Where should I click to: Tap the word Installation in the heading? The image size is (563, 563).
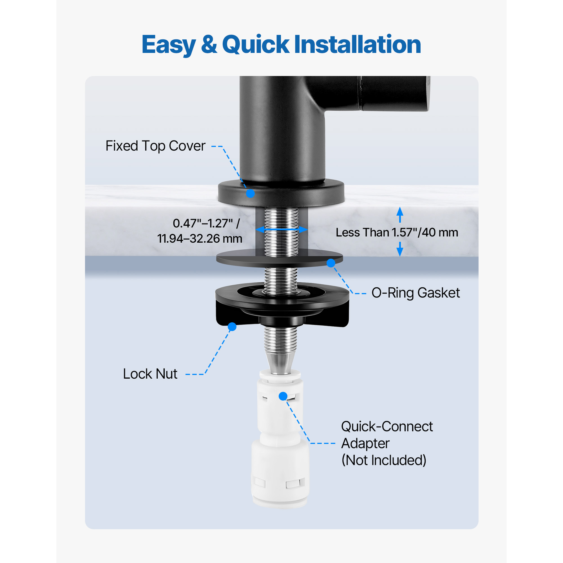coord(358,44)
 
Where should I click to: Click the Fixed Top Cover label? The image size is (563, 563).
coord(155,146)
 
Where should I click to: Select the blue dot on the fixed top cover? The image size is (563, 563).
coord(250,193)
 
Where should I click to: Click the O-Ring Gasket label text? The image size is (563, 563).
coord(415,293)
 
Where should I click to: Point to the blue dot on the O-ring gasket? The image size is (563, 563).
coord(331,263)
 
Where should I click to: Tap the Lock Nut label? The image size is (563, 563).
coord(150,374)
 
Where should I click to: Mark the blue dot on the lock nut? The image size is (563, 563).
coord(232,327)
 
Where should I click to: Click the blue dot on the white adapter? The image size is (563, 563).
coord(283,396)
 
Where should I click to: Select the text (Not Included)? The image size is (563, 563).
coord(384,461)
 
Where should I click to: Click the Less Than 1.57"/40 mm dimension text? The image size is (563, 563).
coord(397,233)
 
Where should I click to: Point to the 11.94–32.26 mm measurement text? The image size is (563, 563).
coord(200,239)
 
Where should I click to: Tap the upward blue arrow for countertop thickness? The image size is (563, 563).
coord(400,215)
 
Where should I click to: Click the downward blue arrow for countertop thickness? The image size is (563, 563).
coord(400,249)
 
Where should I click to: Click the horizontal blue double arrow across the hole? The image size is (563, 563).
coord(281,230)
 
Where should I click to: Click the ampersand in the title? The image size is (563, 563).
coord(209,44)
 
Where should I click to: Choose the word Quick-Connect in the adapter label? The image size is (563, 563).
coord(387,427)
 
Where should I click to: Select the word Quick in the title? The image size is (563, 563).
coord(256,45)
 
